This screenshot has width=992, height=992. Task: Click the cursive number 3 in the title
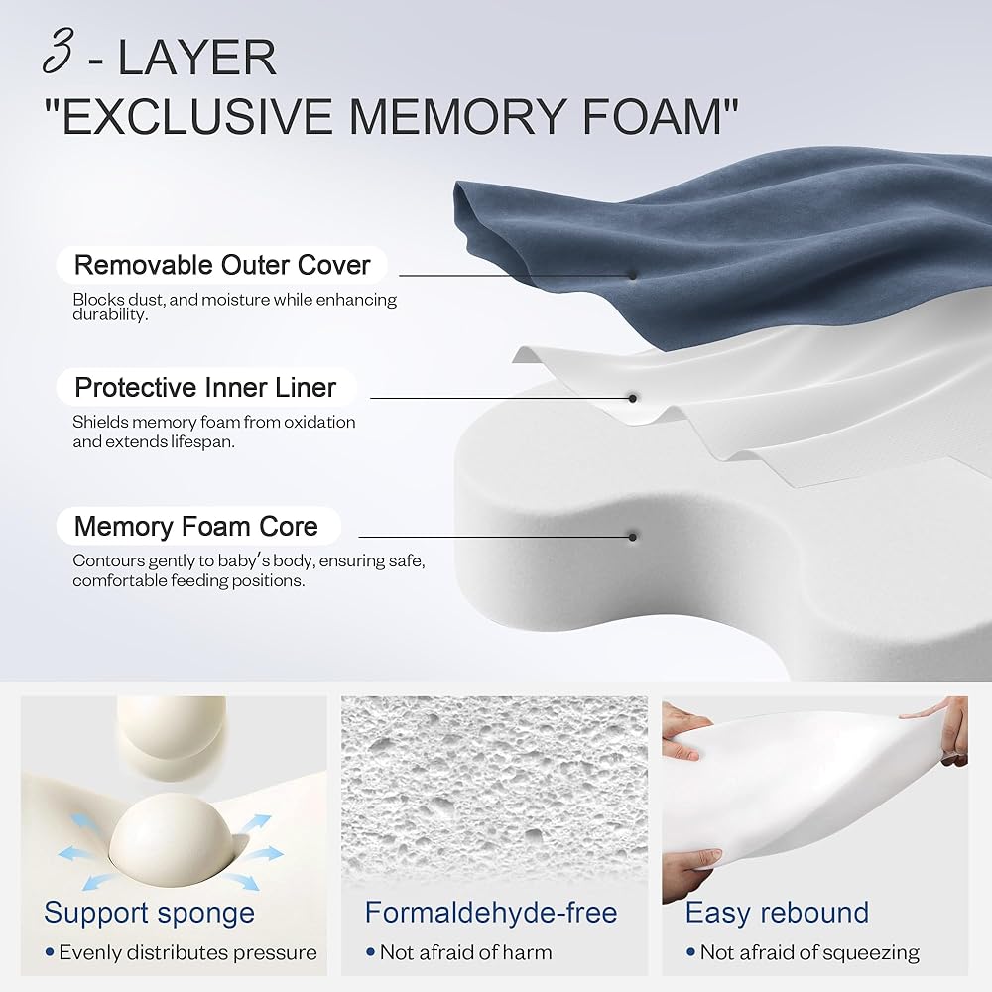coord(59,52)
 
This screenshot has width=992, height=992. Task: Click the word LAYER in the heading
coord(197,58)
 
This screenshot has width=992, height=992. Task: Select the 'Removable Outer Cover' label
coord(222,265)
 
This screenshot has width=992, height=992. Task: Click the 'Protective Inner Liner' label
coord(205,387)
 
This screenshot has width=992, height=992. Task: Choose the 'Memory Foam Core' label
coord(196,526)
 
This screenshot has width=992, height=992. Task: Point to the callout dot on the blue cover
coord(632,275)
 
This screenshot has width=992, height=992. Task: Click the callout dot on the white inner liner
coord(632,398)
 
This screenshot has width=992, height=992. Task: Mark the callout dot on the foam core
coord(632,537)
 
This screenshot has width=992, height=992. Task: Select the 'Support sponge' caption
coord(150,913)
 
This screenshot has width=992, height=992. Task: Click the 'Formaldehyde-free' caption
coord(491,913)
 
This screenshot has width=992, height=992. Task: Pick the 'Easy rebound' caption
coord(777,913)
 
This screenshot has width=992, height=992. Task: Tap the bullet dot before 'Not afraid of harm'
coord(371,952)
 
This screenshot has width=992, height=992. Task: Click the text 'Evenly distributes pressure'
coord(187,952)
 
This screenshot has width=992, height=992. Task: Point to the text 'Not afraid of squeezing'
coord(809,952)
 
